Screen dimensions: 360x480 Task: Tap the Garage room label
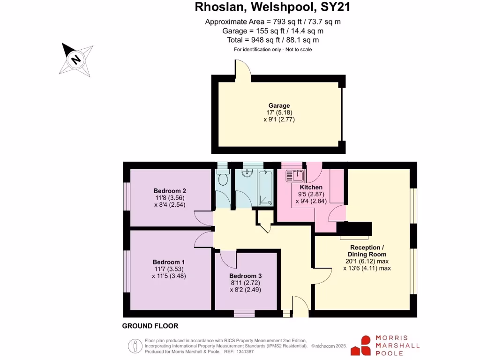(x=279, y=105)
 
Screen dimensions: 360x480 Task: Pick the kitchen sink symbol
(x=295, y=176)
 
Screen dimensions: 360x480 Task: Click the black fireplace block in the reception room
(x=355, y=229)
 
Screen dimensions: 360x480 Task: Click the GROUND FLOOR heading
(x=150, y=326)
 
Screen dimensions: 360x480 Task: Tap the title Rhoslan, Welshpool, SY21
(x=272, y=7)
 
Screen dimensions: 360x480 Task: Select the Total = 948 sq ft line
(x=272, y=40)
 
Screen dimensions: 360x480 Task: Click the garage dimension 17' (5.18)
(x=279, y=112)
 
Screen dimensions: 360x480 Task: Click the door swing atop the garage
(x=243, y=68)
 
